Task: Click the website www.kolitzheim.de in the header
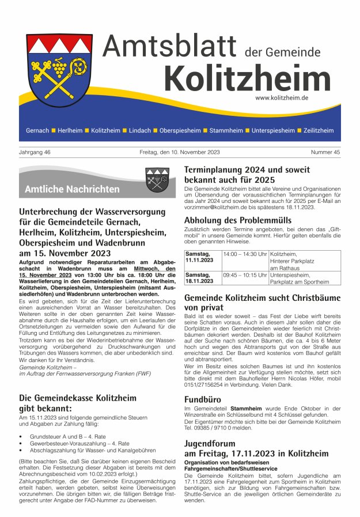click(282, 98)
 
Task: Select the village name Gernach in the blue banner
click(37, 131)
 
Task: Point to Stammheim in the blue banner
click(226, 131)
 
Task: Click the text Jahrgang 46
click(35, 152)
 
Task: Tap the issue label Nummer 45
click(325, 152)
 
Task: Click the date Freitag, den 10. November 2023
click(180, 152)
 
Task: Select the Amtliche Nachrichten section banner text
click(72, 189)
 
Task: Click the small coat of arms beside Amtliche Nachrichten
click(157, 180)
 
